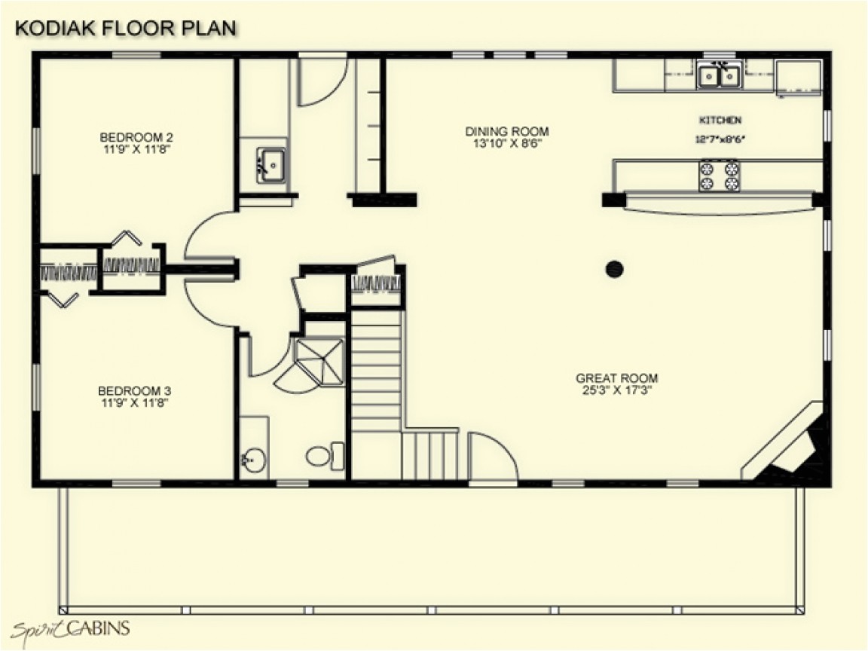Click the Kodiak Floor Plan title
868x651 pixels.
point(125,28)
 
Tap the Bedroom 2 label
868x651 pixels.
point(136,137)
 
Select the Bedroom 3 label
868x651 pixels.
point(134,391)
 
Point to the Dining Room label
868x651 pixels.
point(506,131)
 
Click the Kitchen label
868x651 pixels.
point(720,121)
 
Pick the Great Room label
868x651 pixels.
point(616,378)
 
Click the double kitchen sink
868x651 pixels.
point(718,76)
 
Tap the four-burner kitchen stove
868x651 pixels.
point(719,176)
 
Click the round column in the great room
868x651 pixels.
point(616,268)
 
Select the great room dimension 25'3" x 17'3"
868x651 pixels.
point(616,390)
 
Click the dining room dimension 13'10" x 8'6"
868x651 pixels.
point(506,142)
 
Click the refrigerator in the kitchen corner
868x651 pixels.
point(799,76)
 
